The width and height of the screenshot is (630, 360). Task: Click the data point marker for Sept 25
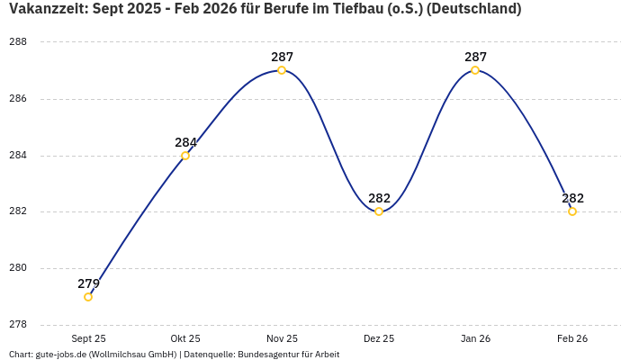(88, 297)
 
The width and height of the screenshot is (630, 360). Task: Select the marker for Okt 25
(185, 156)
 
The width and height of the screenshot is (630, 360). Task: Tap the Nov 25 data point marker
(282, 70)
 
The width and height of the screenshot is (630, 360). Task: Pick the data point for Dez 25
(379, 211)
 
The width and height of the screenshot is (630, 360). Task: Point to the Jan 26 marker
(475, 70)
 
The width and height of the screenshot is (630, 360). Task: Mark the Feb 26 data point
(572, 211)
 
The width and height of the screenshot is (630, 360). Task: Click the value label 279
(88, 283)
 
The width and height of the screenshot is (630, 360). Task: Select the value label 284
(185, 142)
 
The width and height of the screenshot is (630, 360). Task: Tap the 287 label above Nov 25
(282, 57)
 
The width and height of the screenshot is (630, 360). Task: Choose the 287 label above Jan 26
(475, 57)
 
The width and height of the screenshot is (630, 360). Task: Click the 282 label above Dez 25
(379, 198)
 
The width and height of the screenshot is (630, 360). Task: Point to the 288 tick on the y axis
(18, 42)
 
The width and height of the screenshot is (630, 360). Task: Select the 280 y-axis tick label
(18, 268)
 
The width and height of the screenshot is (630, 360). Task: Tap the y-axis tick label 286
(18, 99)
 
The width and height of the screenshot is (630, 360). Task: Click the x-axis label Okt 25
(185, 338)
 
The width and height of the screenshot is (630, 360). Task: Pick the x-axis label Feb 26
(572, 338)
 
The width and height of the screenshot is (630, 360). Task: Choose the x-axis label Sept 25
(88, 338)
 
